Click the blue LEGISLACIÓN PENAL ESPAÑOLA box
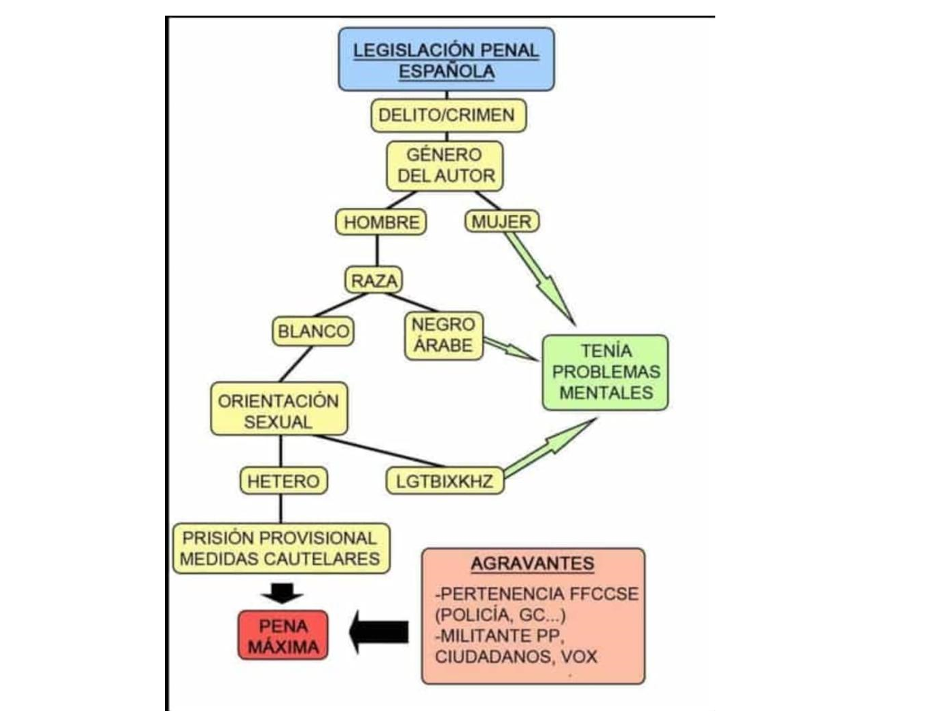pyautogui.click(x=446, y=60)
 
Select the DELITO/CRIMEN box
pyautogui.click(x=448, y=115)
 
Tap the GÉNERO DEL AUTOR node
pyautogui.click(x=445, y=165)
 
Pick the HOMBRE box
pyautogui.click(x=380, y=222)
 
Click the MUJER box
pyautogui.click(x=501, y=221)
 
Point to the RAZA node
pyautogui.click(x=374, y=280)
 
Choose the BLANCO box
pyautogui.click(x=313, y=331)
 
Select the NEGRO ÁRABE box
pyautogui.click(x=444, y=335)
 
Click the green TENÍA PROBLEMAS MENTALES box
pyautogui.click(x=605, y=372)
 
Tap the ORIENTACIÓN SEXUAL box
pyautogui.click(x=279, y=411)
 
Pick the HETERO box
pyautogui.click(x=283, y=481)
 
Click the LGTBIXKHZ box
pyautogui.click(x=445, y=481)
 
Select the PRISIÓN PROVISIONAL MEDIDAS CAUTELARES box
pyautogui.click(x=281, y=548)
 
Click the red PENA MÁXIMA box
pyautogui.click(x=283, y=636)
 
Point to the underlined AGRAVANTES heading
pyautogui.click(x=533, y=564)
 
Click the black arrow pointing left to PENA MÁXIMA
pyautogui.click(x=380, y=632)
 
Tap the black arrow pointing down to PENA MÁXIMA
pyautogui.click(x=282, y=593)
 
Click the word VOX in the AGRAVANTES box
pyautogui.click(x=579, y=657)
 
